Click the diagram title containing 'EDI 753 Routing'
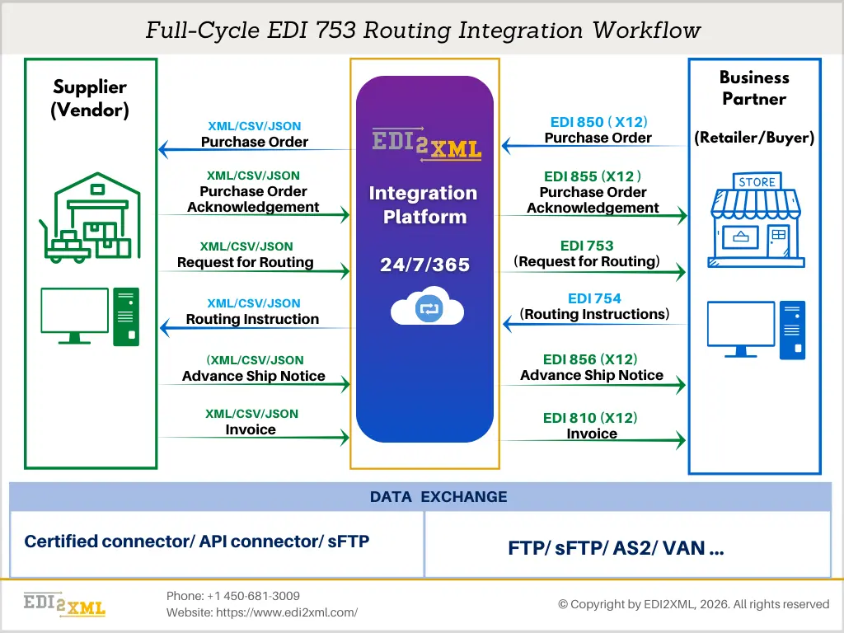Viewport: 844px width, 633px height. tap(423, 30)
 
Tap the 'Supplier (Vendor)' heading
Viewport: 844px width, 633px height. tap(90, 98)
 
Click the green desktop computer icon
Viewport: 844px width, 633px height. tap(90, 316)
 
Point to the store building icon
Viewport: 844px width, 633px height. tap(756, 220)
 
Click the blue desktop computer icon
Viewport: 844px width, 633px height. tap(756, 329)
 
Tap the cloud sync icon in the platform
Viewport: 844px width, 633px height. tap(427, 309)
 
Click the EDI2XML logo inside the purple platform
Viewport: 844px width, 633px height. tap(426, 143)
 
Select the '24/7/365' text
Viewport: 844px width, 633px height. tap(424, 265)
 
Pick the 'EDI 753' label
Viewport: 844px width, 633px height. tap(587, 246)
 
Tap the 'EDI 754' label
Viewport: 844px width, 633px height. tap(594, 298)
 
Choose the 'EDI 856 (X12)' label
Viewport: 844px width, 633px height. tap(590, 359)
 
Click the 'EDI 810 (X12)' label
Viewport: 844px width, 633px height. tap(590, 418)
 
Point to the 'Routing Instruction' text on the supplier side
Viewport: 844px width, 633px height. tap(252, 319)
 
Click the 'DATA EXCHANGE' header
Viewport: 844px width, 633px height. tap(438, 497)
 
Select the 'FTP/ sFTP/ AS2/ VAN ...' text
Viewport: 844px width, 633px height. tap(617, 549)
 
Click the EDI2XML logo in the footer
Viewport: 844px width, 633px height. tap(64, 604)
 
